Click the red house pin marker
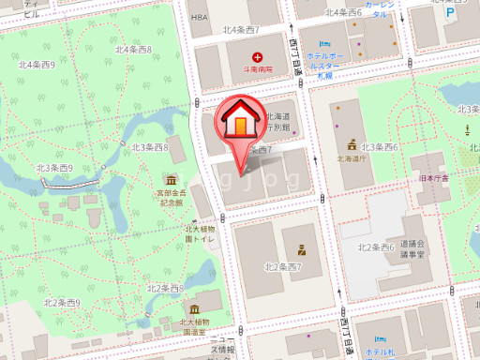[x=241, y=123]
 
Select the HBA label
[x=198, y=17]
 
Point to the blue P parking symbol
[x=450, y=15]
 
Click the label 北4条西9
[x=37, y=64]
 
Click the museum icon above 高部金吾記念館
[x=172, y=179]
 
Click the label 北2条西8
[x=165, y=288]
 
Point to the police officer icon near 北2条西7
[x=302, y=250]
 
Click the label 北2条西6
[x=375, y=247]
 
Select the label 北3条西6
[x=381, y=147]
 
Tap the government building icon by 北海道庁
[x=352, y=145]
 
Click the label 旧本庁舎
[x=434, y=178]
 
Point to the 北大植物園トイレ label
[x=201, y=233]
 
